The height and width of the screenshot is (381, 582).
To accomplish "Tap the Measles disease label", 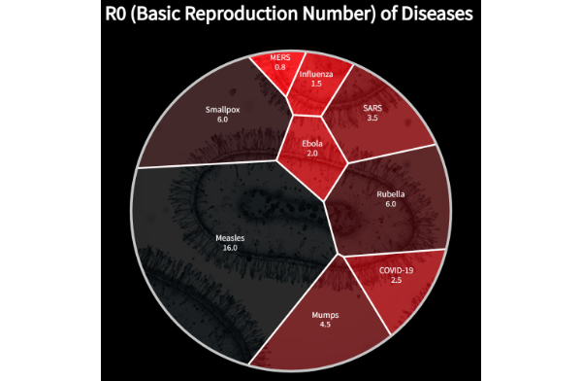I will click(x=230, y=237).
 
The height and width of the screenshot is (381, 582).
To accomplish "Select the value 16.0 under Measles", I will click(x=230, y=248).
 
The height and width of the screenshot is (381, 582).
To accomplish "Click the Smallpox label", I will click(x=222, y=109).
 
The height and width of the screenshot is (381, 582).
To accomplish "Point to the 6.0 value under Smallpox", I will click(x=222, y=120).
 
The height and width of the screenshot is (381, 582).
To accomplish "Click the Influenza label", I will click(x=316, y=74).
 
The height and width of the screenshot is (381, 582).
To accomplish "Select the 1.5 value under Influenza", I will click(x=316, y=85).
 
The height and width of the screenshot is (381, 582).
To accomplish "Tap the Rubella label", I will click(x=391, y=194).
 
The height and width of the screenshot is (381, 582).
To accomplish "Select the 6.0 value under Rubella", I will click(x=391, y=205).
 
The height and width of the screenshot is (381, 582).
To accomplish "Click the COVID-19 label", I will click(x=395, y=269).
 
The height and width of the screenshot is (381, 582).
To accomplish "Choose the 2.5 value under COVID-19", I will click(x=395, y=280).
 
